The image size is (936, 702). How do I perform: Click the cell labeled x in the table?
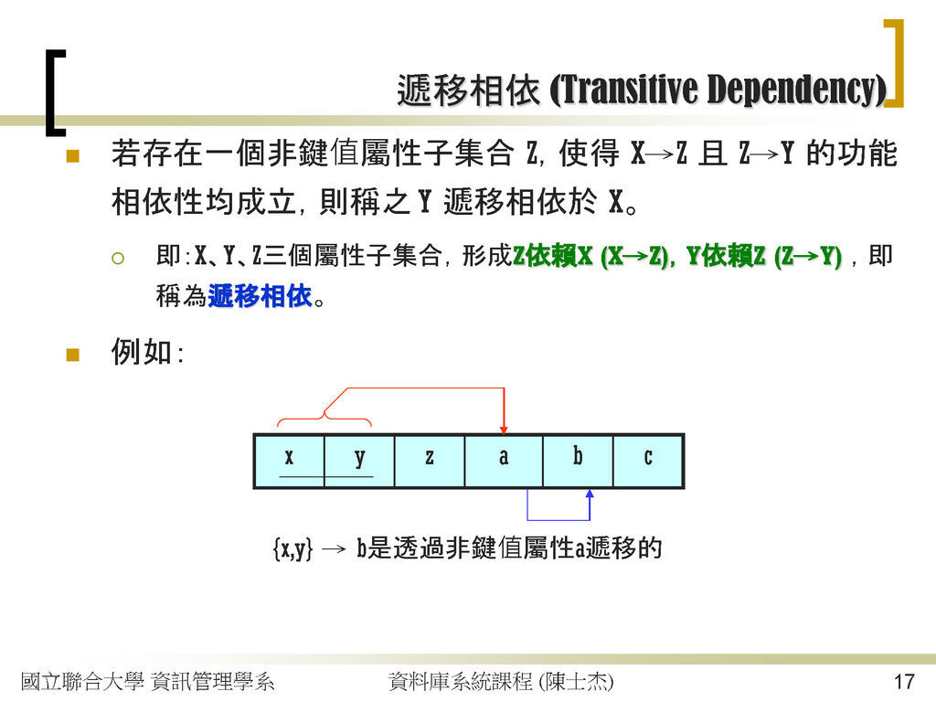290,461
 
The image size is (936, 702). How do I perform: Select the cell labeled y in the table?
359,461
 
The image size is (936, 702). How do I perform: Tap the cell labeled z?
430,461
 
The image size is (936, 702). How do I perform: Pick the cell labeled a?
504,461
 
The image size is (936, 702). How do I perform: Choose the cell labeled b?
578,461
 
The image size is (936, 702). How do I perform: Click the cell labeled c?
648,461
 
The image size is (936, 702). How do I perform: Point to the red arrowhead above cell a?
504,430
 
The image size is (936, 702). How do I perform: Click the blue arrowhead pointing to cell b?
590,494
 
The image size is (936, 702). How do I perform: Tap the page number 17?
904,682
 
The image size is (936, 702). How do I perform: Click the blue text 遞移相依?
260,296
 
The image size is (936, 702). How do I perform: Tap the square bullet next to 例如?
73,355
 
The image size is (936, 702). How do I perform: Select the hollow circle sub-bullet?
118,259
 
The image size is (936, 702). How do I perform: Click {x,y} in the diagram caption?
292,548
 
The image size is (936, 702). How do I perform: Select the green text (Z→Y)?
808,257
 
